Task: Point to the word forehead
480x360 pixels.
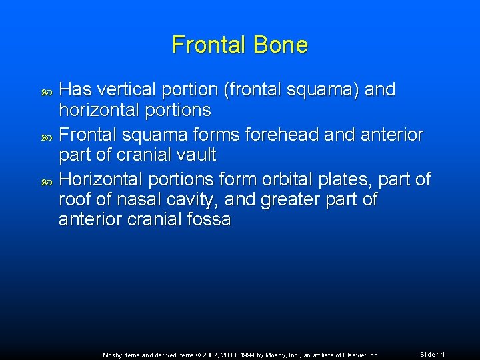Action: click(x=283, y=135)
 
